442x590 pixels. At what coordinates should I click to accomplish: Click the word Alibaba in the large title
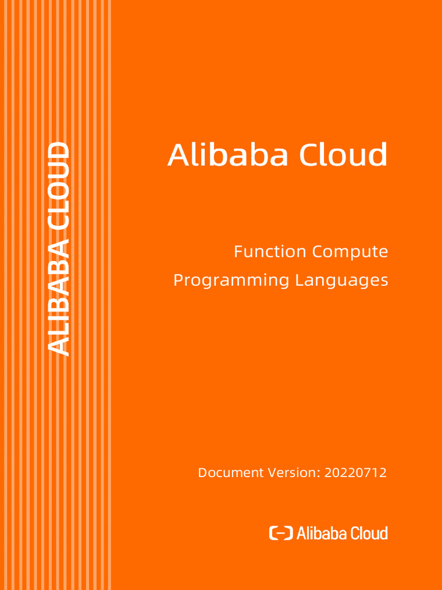click(x=228, y=155)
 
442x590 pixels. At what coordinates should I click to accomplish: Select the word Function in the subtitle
click(x=269, y=252)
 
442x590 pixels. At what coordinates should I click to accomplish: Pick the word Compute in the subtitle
click(x=350, y=252)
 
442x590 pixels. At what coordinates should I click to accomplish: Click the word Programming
click(x=231, y=281)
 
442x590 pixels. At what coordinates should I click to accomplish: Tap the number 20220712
click(x=355, y=473)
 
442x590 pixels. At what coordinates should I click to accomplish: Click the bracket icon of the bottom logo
click(x=281, y=533)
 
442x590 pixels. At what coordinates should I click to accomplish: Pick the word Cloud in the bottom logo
click(x=369, y=533)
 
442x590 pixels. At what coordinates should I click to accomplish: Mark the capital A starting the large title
click(x=178, y=155)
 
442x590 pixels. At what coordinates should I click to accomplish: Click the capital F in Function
click(x=238, y=252)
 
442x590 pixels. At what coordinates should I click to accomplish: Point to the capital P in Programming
click(x=178, y=281)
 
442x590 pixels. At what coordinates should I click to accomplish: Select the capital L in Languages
click(x=299, y=281)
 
